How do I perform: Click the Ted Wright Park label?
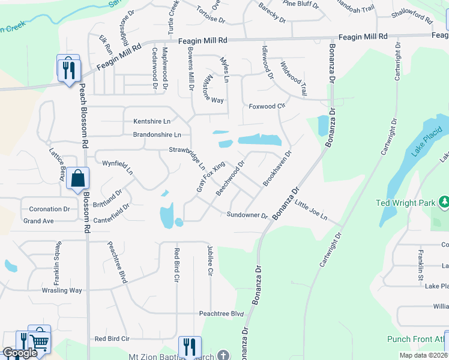point(405,203)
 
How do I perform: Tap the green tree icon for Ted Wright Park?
point(444,203)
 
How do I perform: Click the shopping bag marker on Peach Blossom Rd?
point(77,178)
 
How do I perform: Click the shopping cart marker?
point(39,340)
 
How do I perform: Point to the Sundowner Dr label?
point(247,215)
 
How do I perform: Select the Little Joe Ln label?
point(311,210)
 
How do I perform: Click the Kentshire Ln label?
point(152,121)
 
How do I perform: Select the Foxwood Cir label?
point(267,106)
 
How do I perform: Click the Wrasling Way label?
point(61,290)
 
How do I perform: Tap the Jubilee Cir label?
point(210,261)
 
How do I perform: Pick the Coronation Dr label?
point(49,209)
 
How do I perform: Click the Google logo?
point(19,353)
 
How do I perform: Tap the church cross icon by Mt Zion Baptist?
point(223,355)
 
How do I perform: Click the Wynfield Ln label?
point(117,163)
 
